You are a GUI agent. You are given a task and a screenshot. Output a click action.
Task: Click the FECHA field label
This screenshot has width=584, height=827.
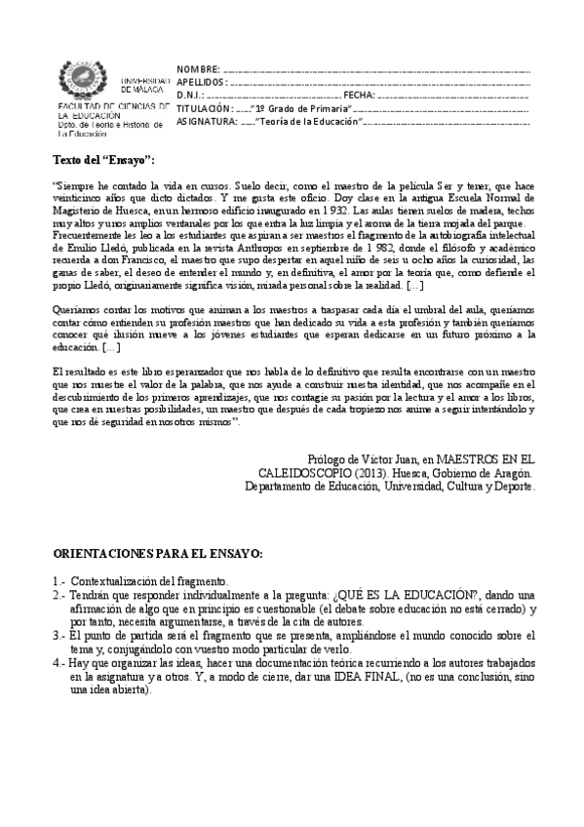(358, 97)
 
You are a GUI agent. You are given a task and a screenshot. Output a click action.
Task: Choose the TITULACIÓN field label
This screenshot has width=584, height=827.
(205, 109)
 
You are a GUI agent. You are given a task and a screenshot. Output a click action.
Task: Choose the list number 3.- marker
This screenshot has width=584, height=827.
(58, 634)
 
